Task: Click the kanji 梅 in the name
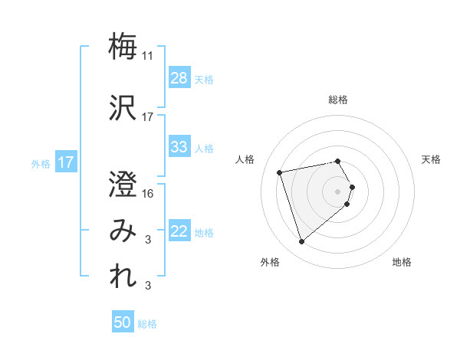pos(123,46)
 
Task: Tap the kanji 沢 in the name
pos(123,106)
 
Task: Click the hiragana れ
pos(123,277)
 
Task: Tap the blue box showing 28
pos(179,78)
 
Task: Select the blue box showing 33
pos(179,147)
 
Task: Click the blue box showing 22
pos(179,231)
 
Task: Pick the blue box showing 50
pos(123,322)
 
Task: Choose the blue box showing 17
pos(66,162)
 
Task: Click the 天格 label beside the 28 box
pos(204,79)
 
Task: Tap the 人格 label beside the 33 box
pos(204,148)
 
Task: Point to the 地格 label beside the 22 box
pos(204,232)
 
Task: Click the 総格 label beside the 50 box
pos(147,323)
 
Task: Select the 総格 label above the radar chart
pos(338,100)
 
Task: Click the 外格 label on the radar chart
pos(270,262)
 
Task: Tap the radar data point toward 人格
pos(280,172)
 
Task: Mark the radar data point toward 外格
pos(301,242)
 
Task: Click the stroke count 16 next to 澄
pos(149,193)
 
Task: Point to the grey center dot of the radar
pos(338,190)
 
